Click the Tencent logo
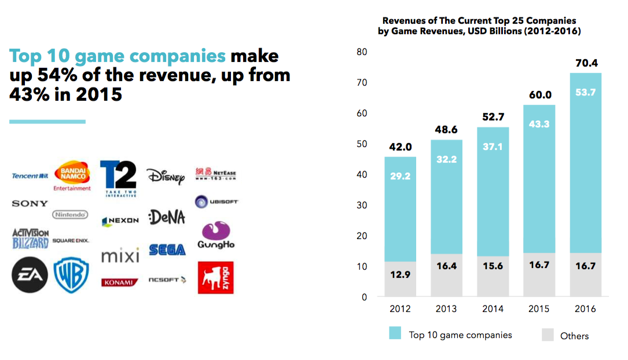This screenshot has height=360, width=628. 30,175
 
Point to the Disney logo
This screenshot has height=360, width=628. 166,176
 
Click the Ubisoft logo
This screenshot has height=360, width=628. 216,202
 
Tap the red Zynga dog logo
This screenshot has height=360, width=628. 215,278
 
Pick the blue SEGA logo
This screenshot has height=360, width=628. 167,250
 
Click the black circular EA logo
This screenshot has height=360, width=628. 30,275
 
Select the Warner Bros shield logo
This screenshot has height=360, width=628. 71,275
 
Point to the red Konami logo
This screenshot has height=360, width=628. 120,282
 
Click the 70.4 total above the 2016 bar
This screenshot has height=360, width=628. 585,63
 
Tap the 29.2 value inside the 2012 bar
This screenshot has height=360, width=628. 399,176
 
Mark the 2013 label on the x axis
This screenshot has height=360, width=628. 446,309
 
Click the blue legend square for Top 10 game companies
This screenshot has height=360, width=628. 395,333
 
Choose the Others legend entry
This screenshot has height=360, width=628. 565,336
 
